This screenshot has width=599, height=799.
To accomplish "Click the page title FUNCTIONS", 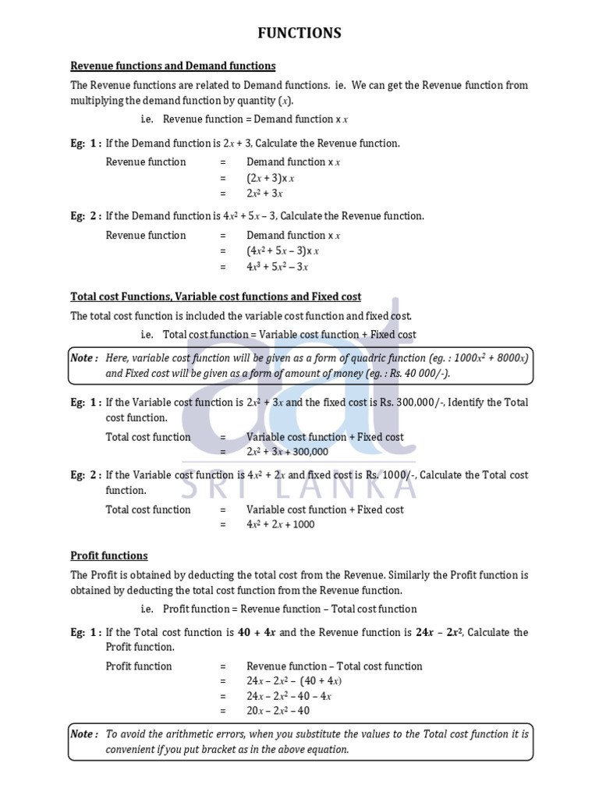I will pyautogui.click(x=299, y=33).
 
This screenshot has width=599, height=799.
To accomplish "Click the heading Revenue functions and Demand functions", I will pyautogui.click(x=173, y=66).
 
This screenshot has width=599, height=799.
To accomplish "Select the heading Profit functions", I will pyautogui.click(x=109, y=556).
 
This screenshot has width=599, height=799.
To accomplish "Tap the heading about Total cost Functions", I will pyautogui.click(x=216, y=297).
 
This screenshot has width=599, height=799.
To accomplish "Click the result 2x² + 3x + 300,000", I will pyautogui.click(x=288, y=452).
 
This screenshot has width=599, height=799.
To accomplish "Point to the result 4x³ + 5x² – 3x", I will pyautogui.click(x=278, y=267).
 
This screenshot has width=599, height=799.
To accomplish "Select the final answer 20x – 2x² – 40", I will pyautogui.click(x=278, y=711).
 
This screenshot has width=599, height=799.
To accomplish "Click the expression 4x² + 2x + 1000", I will pyautogui.click(x=281, y=524).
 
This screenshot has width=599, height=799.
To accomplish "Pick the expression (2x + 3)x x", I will pyautogui.click(x=271, y=178).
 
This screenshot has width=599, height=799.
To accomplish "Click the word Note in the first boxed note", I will pyautogui.click(x=83, y=357).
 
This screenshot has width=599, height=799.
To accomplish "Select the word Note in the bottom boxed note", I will pyautogui.click(x=83, y=734).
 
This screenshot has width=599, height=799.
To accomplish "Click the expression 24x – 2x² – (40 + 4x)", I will pyautogui.click(x=294, y=681).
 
